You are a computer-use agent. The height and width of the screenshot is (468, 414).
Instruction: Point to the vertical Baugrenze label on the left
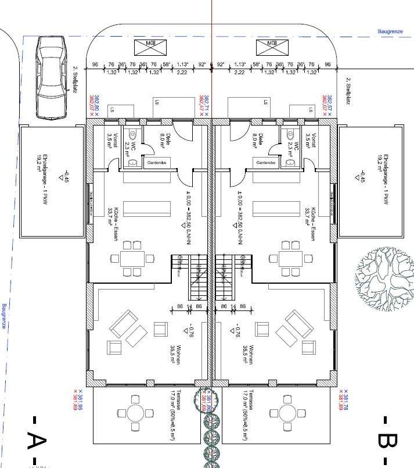coord(4,317)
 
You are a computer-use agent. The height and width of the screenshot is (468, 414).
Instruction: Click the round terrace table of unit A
coord(135,413)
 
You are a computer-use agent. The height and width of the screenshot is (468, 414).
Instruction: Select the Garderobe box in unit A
coord(156,163)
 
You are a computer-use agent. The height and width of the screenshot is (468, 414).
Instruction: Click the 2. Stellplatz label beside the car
coord(75,79)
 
